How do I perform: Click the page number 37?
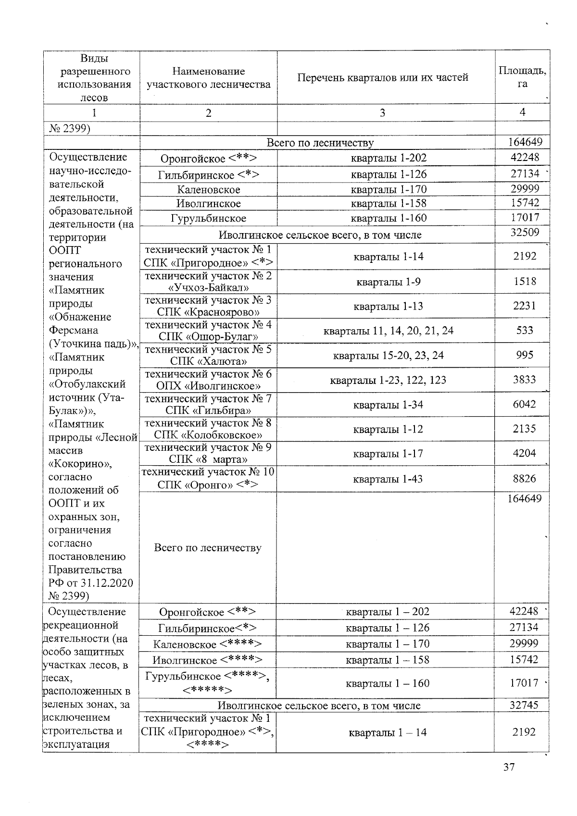click(509, 780)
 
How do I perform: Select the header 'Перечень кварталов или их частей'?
click(383, 77)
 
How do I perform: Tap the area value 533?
click(524, 330)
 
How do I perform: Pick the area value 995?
click(524, 355)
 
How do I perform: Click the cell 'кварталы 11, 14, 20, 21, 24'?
click(388, 331)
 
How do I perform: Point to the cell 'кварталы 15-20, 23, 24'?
click(388, 356)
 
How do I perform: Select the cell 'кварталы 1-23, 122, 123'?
click(388, 380)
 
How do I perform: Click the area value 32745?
click(524, 705)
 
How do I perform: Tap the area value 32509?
click(525, 233)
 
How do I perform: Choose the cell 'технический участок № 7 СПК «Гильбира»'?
click(208, 405)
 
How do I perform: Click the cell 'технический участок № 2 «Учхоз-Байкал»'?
click(208, 282)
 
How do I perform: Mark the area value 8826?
click(524, 479)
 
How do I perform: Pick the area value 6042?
click(524, 404)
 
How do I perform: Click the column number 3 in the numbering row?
click(383, 113)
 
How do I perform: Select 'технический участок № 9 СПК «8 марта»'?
click(208, 453)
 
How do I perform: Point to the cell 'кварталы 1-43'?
click(388, 479)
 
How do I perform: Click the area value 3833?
click(524, 380)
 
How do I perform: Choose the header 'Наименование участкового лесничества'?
click(208, 78)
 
